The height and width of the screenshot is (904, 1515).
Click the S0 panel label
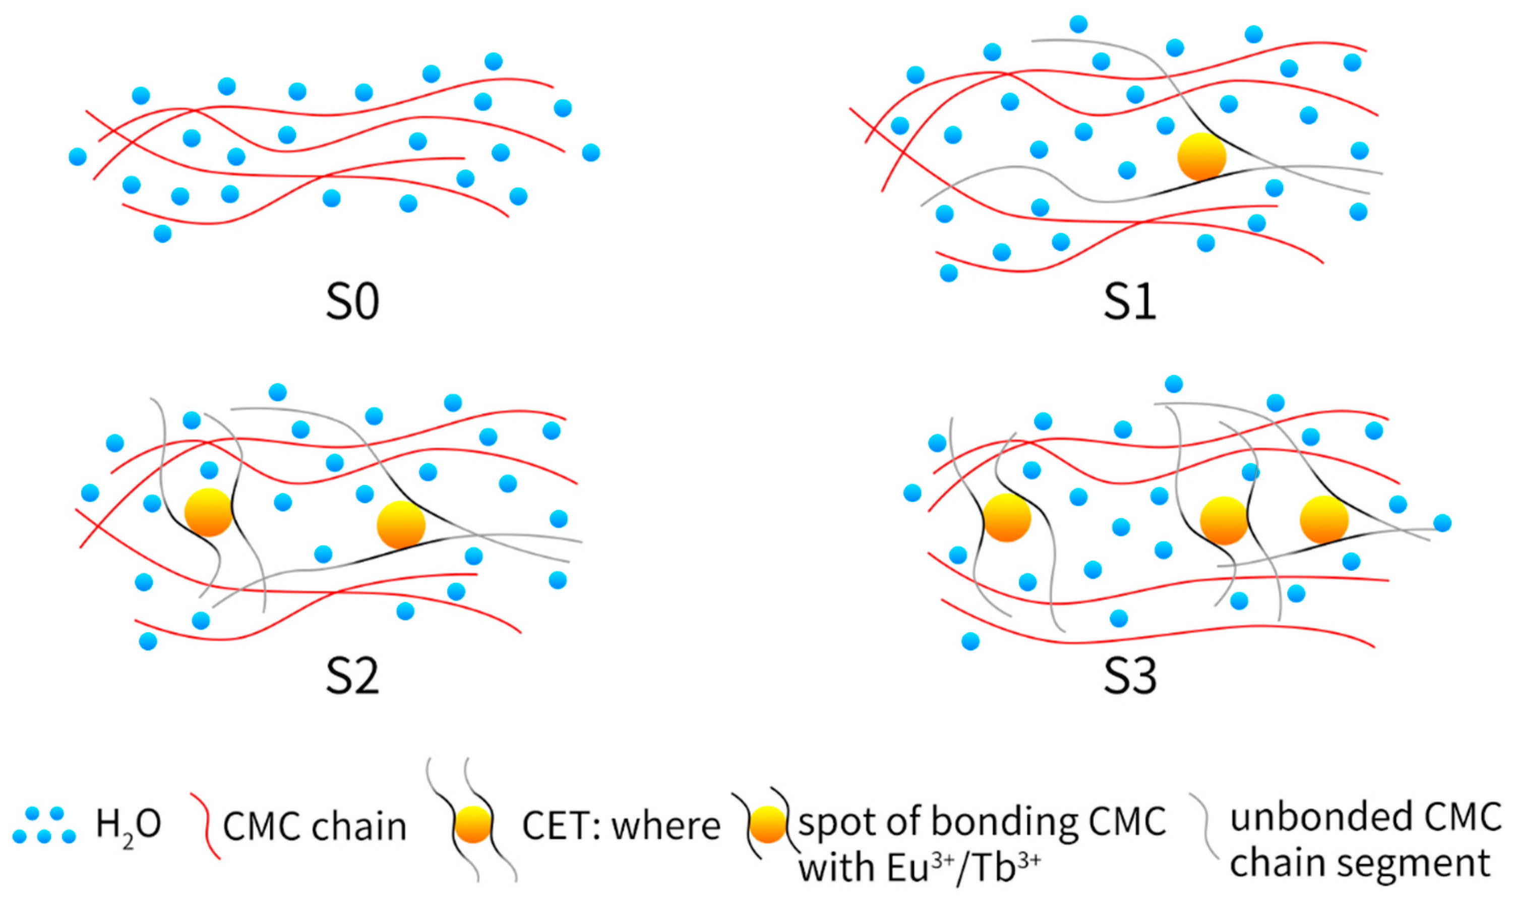click(x=352, y=302)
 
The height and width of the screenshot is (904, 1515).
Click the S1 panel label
click(x=1130, y=302)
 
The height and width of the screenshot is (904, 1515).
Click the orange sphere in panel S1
click(x=1201, y=157)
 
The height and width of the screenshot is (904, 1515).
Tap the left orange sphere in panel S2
click(x=208, y=512)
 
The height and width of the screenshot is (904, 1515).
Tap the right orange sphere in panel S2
click(x=401, y=524)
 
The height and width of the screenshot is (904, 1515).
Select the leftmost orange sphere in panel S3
click(x=1007, y=517)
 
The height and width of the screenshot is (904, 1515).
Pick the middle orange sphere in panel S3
click(x=1224, y=520)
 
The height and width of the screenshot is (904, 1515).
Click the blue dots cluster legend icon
click(x=44, y=825)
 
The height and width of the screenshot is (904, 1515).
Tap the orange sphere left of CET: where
click(x=473, y=825)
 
